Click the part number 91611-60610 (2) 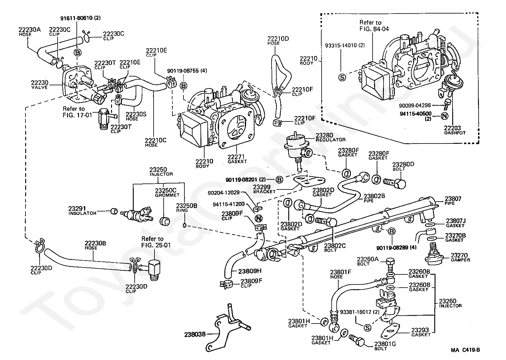pos(81,18)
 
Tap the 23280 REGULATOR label pos(330,137)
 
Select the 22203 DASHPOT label pos(455,130)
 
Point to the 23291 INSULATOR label pos(82,211)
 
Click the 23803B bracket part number pos(195,335)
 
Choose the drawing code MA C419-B pos(465,350)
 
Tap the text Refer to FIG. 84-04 pos(374,25)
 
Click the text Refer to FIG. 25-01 pos(156,242)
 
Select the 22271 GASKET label pos(237,159)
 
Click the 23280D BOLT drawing pos(395,183)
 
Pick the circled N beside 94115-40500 pos(444,116)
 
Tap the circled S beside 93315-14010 pos(342,77)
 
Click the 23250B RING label pos(187,208)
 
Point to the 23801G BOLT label pos(385,346)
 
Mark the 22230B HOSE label pos(95,245)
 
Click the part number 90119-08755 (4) pos(187,71)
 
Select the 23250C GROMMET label pos(167,192)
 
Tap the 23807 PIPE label pos(453,201)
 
